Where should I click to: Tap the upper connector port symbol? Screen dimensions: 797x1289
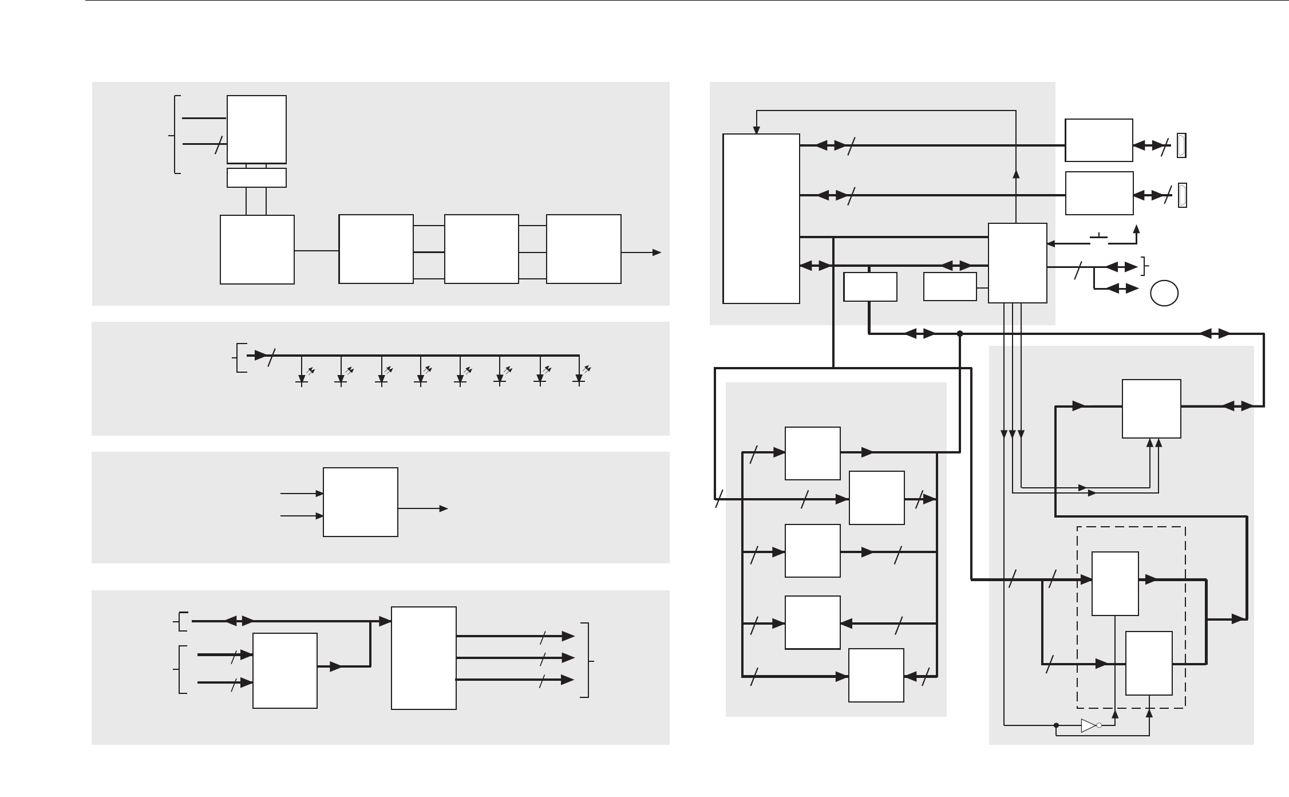[1181, 145]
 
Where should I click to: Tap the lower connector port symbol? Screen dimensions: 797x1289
[1181, 195]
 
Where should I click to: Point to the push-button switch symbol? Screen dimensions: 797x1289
[1099, 239]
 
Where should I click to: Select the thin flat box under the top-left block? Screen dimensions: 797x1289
[256, 178]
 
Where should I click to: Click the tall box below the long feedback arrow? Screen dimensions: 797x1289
[761, 219]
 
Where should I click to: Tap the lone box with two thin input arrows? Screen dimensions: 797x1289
[361, 502]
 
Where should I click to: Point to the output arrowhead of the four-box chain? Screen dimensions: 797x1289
[658, 252]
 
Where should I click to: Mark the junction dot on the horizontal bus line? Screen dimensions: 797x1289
[960, 333]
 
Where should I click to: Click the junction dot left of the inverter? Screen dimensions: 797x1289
[1056, 725]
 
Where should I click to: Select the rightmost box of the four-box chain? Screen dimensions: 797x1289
[584, 249]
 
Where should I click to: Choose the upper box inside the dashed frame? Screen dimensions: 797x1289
[1115, 583]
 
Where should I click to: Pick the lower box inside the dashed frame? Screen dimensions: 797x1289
[1149, 663]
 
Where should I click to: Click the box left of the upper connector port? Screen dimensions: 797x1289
[1099, 140]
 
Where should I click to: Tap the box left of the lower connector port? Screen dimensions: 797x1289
[1099, 193]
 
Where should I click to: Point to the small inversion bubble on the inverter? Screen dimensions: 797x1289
[1099, 725]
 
